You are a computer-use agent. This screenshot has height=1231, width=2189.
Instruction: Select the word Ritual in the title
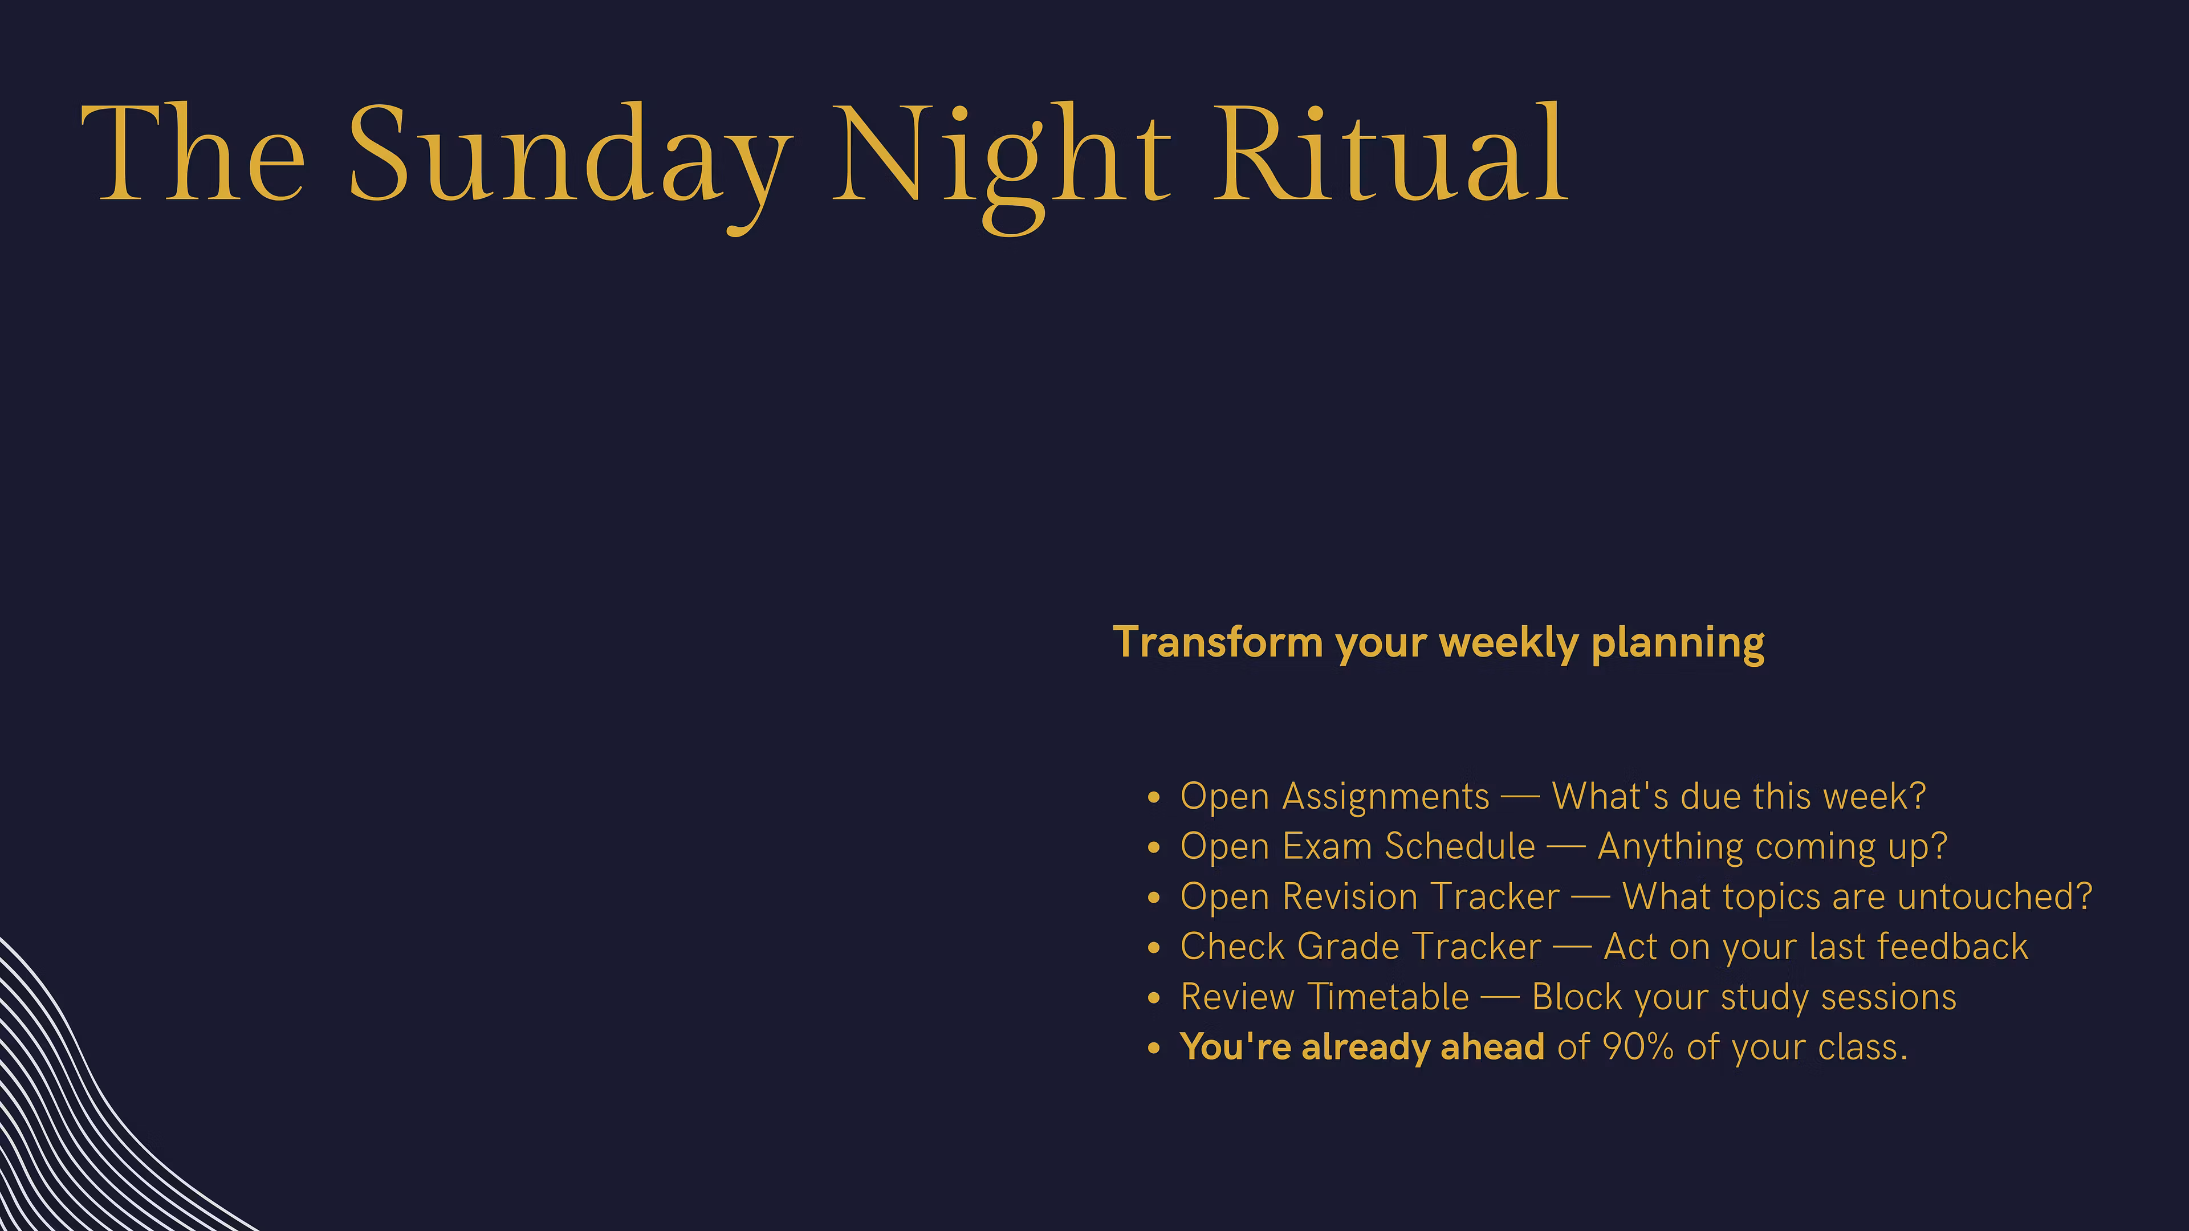[1390, 152]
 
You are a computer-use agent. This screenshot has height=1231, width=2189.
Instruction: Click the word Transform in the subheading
[1217, 642]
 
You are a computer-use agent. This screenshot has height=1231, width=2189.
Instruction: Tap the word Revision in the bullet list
[1349, 896]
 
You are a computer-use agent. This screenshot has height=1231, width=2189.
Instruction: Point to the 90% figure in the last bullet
[1638, 1047]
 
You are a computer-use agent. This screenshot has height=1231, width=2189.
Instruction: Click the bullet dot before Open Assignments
[1153, 798]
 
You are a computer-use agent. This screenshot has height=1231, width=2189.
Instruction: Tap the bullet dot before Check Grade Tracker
[1153, 948]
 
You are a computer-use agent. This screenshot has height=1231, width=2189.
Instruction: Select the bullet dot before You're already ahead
[1153, 1049]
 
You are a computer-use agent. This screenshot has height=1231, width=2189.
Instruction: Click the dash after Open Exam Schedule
[1566, 848]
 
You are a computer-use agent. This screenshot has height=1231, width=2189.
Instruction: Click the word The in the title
[193, 152]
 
